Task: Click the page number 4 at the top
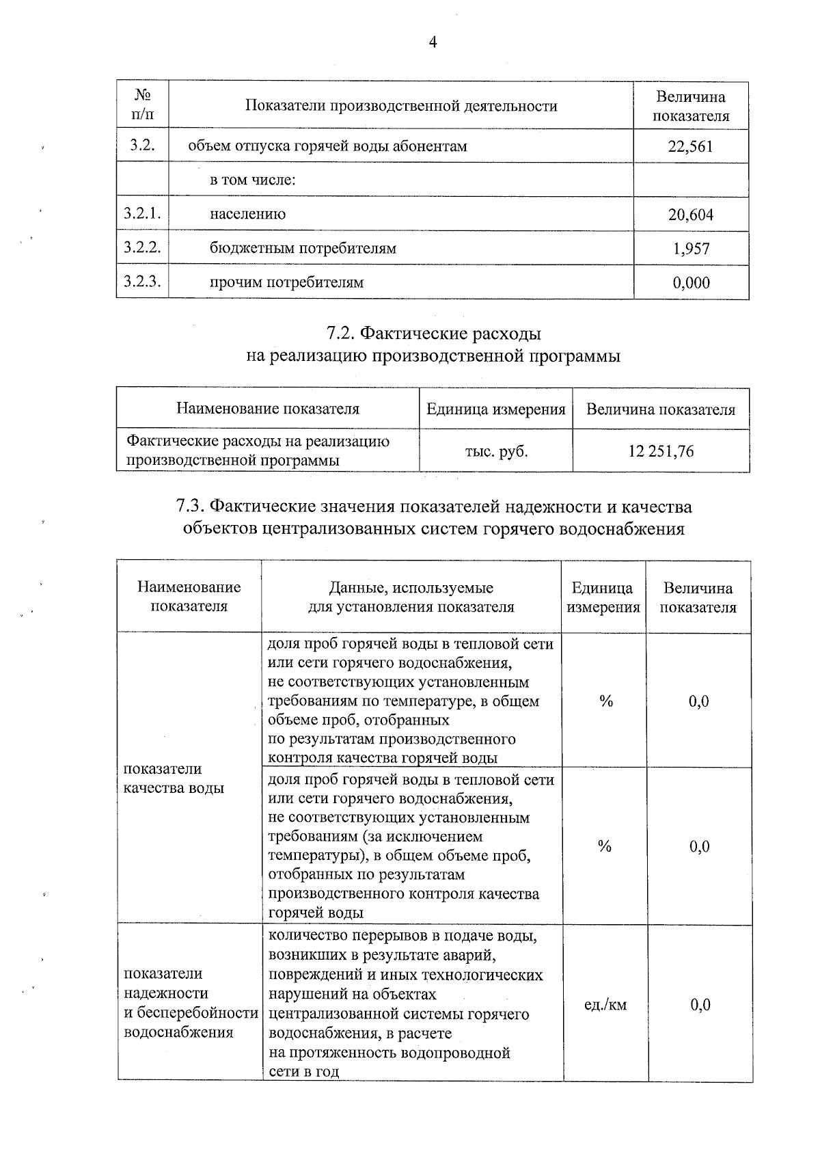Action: click(x=432, y=43)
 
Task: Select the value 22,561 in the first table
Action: click(x=690, y=146)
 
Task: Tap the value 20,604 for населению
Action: click(x=690, y=215)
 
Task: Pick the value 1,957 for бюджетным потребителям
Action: click(x=691, y=249)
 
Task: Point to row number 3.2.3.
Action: click(x=142, y=282)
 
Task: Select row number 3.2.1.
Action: click(x=142, y=214)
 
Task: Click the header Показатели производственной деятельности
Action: click(x=401, y=106)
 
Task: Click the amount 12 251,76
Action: click(x=661, y=451)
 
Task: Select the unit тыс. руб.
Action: click(x=496, y=451)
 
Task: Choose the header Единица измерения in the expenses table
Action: click(x=496, y=409)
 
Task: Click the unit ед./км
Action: click(x=605, y=1005)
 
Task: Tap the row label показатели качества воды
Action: click(x=174, y=779)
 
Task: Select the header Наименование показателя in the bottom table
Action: click(x=189, y=597)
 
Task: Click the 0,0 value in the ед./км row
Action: click(x=700, y=1005)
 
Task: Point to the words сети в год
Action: click(x=303, y=1072)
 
